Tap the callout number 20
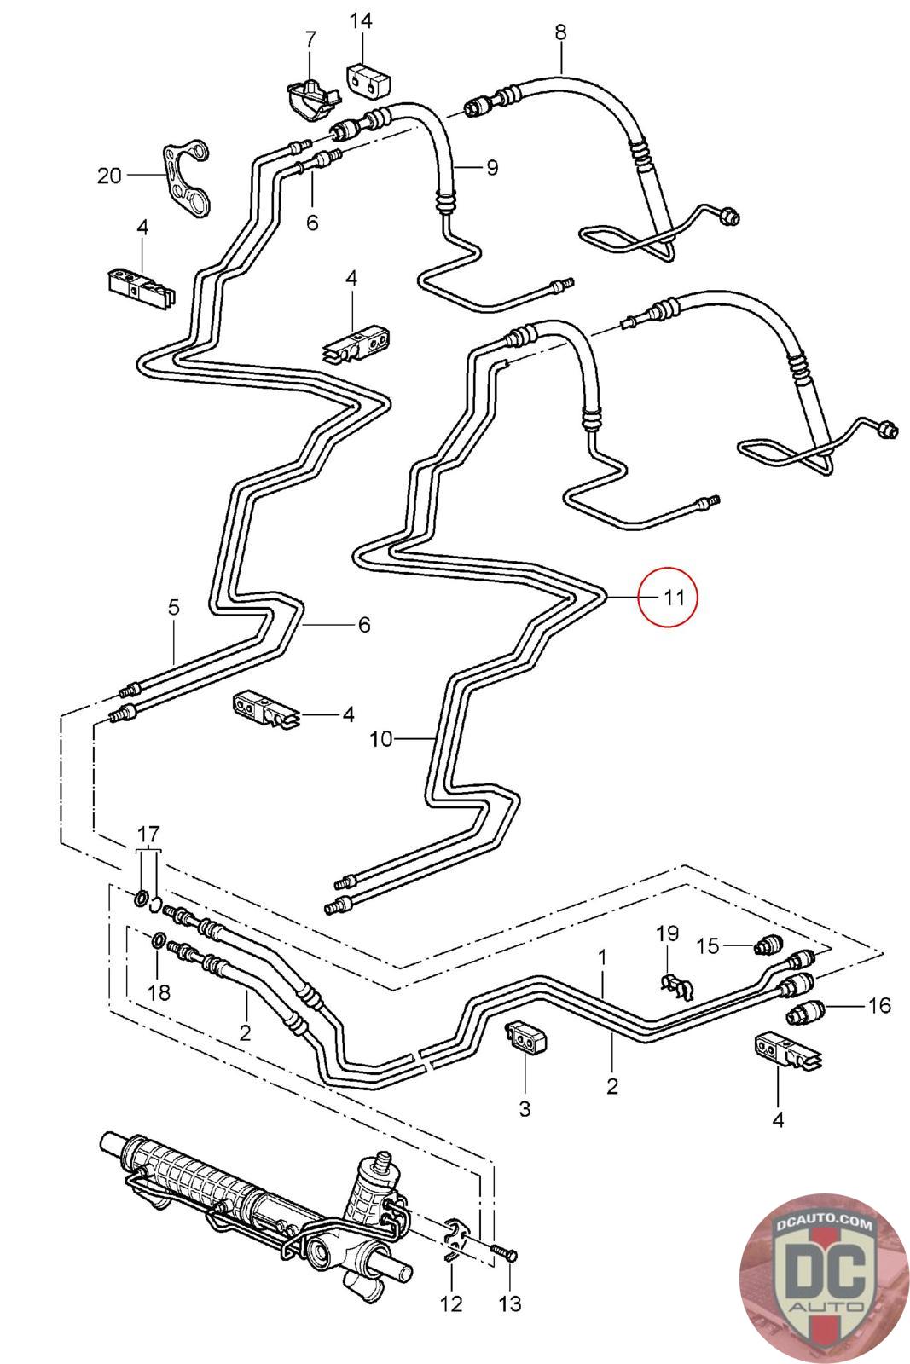click(x=110, y=176)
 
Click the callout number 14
click(x=360, y=21)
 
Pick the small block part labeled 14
click(x=368, y=80)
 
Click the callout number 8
click(x=560, y=32)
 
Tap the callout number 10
click(x=381, y=739)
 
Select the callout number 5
click(x=174, y=607)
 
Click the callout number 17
click(x=148, y=834)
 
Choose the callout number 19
click(x=667, y=933)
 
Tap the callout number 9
click(x=492, y=167)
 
